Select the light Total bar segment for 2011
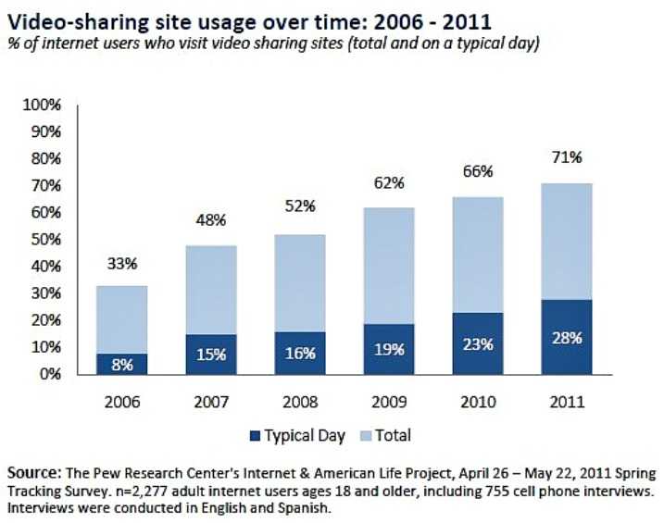(x=567, y=241)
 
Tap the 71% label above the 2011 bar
(x=567, y=157)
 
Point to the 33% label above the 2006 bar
(x=121, y=264)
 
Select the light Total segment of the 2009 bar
(x=389, y=265)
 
